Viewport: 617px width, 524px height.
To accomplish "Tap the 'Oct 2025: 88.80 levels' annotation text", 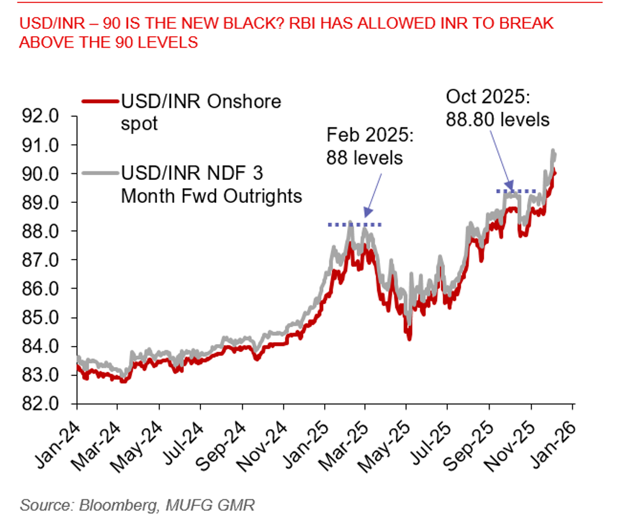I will point(497,107).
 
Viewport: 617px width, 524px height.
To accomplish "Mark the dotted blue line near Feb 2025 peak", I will point(355,225).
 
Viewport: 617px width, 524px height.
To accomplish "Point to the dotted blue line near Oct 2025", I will point(516,191).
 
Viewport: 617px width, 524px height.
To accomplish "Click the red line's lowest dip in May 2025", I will point(409,339).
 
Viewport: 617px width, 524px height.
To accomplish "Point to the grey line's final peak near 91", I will point(551,151).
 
